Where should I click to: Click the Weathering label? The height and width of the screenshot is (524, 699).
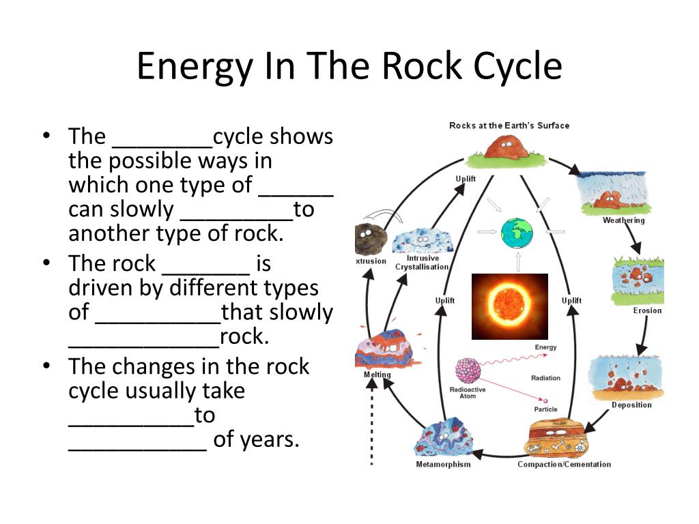pyautogui.click(x=623, y=220)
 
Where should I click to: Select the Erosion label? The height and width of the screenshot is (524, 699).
pyautogui.click(x=647, y=310)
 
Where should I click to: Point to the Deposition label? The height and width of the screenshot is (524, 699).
pyautogui.click(x=631, y=405)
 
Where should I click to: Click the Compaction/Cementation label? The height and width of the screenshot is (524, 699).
pyautogui.click(x=564, y=464)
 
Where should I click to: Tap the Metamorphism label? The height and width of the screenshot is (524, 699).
pyautogui.click(x=443, y=464)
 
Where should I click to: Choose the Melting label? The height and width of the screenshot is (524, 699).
pyautogui.click(x=377, y=375)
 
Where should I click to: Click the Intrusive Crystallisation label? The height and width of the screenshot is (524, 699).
pyautogui.click(x=422, y=263)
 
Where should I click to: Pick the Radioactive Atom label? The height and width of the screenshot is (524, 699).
pyautogui.click(x=468, y=392)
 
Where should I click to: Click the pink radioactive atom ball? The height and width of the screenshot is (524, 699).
pyautogui.click(x=468, y=370)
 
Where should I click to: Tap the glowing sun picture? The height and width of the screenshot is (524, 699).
pyautogui.click(x=509, y=306)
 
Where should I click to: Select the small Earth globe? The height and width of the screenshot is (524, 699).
pyautogui.click(x=517, y=233)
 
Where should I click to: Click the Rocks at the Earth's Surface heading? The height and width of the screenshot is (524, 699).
pyautogui.click(x=509, y=126)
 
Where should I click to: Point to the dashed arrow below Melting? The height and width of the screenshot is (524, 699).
pyautogui.click(x=372, y=422)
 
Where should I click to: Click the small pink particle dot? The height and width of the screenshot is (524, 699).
pyautogui.click(x=545, y=401)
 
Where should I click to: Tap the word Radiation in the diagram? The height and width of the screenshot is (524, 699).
pyautogui.click(x=545, y=378)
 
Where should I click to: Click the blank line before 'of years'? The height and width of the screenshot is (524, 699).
pyautogui.click(x=137, y=450)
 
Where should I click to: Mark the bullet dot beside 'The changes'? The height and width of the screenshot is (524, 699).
pyautogui.click(x=46, y=366)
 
